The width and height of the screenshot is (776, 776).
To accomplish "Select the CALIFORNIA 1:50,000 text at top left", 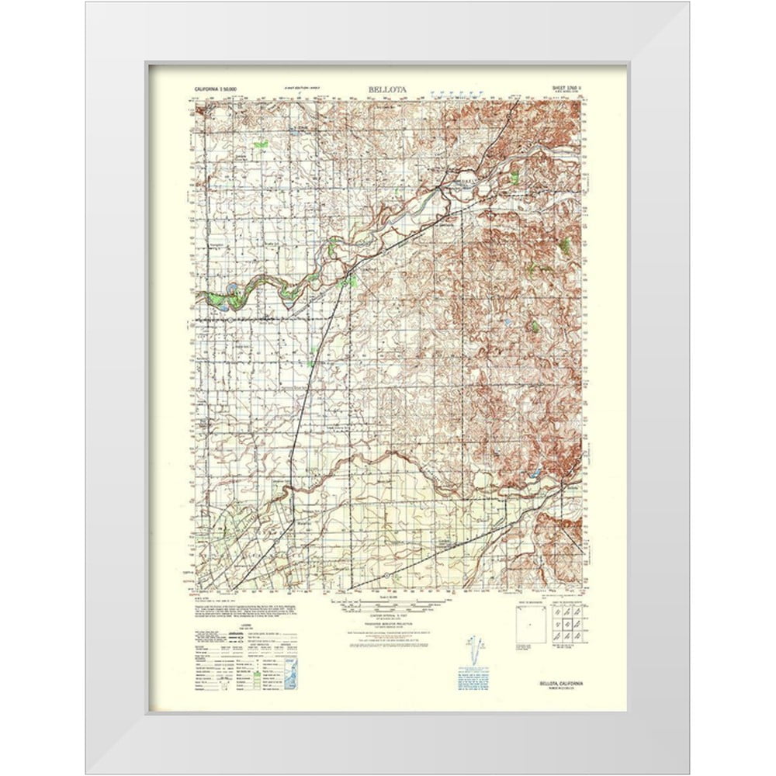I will point(220,92).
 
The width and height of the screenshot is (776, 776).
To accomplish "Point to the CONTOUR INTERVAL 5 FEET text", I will point(388,615).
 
